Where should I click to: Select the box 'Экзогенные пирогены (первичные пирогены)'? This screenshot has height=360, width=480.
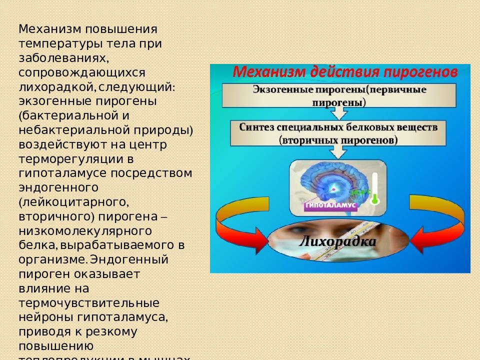click(x=339, y=96)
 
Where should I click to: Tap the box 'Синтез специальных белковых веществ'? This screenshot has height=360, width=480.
click(x=338, y=133)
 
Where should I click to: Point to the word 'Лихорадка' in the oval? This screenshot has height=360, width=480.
click(x=337, y=242)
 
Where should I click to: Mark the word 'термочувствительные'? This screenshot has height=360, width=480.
click(x=89, y=303)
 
